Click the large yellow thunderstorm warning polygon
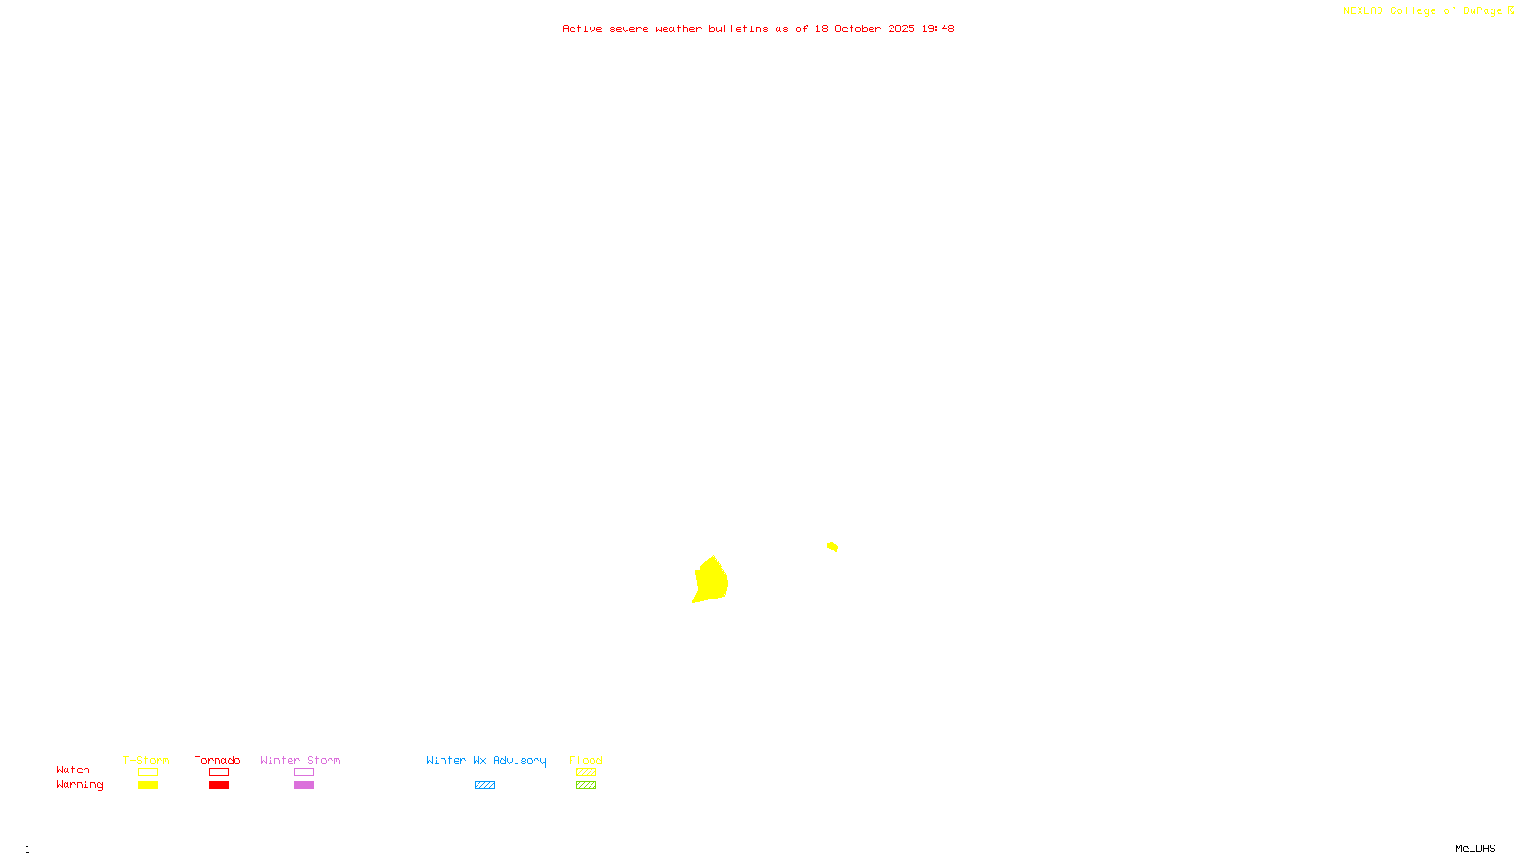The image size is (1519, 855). point(711,580)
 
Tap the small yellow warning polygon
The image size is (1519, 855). point(833,546)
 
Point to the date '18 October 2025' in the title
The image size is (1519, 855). point(864,28)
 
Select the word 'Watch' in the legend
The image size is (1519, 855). point(73,770)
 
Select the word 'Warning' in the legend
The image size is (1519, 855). point(79,785)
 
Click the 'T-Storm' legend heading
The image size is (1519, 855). point(146,760)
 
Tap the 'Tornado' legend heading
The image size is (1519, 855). point(217,760)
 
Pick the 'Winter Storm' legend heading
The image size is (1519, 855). point(300,760)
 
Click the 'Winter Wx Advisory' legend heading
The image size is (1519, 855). point(486,760)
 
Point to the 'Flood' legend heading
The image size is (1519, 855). point(586,760)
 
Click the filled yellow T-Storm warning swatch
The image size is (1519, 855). point(147,786)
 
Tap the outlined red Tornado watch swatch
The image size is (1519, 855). point(219,772)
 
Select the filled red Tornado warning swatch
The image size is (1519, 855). point(219,786)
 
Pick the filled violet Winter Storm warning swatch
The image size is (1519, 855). point(304,786)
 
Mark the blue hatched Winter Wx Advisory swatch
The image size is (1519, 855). point(484,786)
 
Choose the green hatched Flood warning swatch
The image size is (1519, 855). point(586,786)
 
